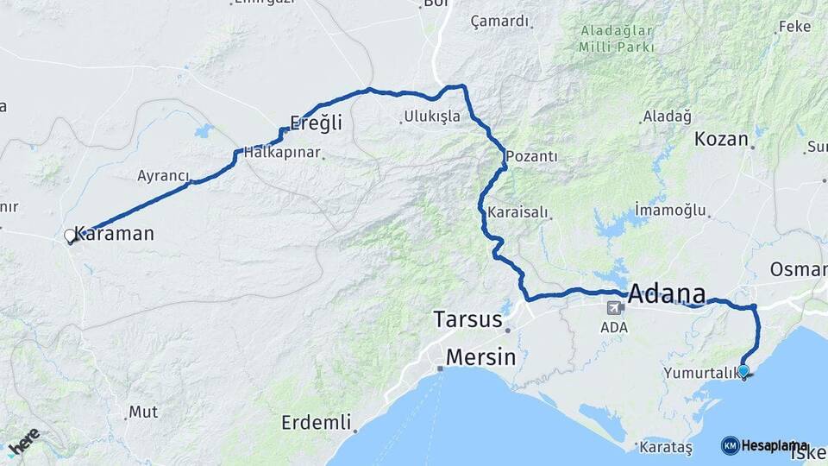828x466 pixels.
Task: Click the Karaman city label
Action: tap(115, 233)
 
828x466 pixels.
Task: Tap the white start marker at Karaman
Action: tap(70, 236)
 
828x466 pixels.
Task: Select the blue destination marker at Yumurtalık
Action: tap(743, 371)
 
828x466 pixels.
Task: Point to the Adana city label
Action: tap(666, 293)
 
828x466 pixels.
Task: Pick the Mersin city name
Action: tap(480, 356)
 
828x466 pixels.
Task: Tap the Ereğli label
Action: tap(316, 123)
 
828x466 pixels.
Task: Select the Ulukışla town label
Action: tap(432, 116)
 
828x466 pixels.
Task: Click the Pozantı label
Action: tap(531, 156)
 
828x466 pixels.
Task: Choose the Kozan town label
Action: tap(721, 138)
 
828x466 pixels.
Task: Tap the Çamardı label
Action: tap(499, 22)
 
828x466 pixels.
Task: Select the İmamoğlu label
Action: tap(670, 210)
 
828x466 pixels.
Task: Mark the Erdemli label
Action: tap(317, 423)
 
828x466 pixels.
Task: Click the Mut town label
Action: tap(143, 412)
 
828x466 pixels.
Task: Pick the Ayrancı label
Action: tap(163, 176)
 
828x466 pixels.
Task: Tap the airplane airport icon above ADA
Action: tap(616, 308)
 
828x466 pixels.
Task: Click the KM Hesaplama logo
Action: tap(764, 445)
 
